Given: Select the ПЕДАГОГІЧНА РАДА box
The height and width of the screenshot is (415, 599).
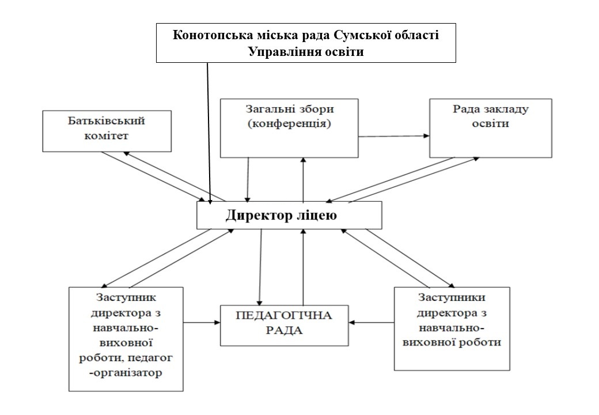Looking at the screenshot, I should (285, 325).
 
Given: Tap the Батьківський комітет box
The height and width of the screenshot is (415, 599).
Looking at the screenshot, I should (107, 131).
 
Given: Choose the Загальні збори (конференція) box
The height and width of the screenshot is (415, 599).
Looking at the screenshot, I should (289, 127).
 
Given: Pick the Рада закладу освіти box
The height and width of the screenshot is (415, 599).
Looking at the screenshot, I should (490, 127).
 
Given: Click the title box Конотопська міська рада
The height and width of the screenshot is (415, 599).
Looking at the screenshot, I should (306, 43).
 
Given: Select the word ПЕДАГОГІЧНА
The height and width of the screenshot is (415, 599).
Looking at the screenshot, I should (285, 317).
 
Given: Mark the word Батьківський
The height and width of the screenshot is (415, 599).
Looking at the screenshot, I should (106, 121).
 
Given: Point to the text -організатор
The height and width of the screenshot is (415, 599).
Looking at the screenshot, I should (126, 372).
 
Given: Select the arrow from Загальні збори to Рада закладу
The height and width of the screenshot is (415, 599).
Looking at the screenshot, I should (393, 137).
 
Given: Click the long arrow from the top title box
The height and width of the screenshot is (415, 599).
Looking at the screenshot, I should (208, 133).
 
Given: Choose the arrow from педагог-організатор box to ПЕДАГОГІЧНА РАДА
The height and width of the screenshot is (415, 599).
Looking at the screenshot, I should (202, 322).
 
